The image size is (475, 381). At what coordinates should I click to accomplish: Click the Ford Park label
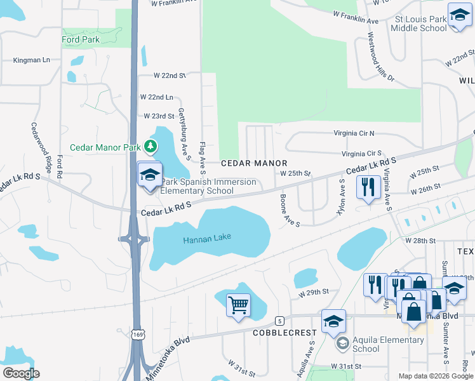(x=81, y=39)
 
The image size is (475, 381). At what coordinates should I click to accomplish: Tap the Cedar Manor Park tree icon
(x=151, y=147)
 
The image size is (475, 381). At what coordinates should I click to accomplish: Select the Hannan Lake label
(x=207, y=238)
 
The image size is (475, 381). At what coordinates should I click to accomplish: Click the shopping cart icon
(x=238, y=306)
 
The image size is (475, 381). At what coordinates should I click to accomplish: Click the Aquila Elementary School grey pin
(x=343, y=344)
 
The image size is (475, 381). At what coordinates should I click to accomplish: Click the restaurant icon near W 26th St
(x=368, y=187)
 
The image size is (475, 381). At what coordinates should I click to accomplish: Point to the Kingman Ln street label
(x=32, y=60)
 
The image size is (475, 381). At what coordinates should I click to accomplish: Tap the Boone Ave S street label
(x=289, y=210)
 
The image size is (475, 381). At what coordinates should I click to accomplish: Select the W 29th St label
(x=314, y=292)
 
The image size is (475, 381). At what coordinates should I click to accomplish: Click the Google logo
(x=21, y=373)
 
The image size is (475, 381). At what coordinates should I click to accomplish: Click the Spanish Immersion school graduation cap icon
(x=150, y=175)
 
